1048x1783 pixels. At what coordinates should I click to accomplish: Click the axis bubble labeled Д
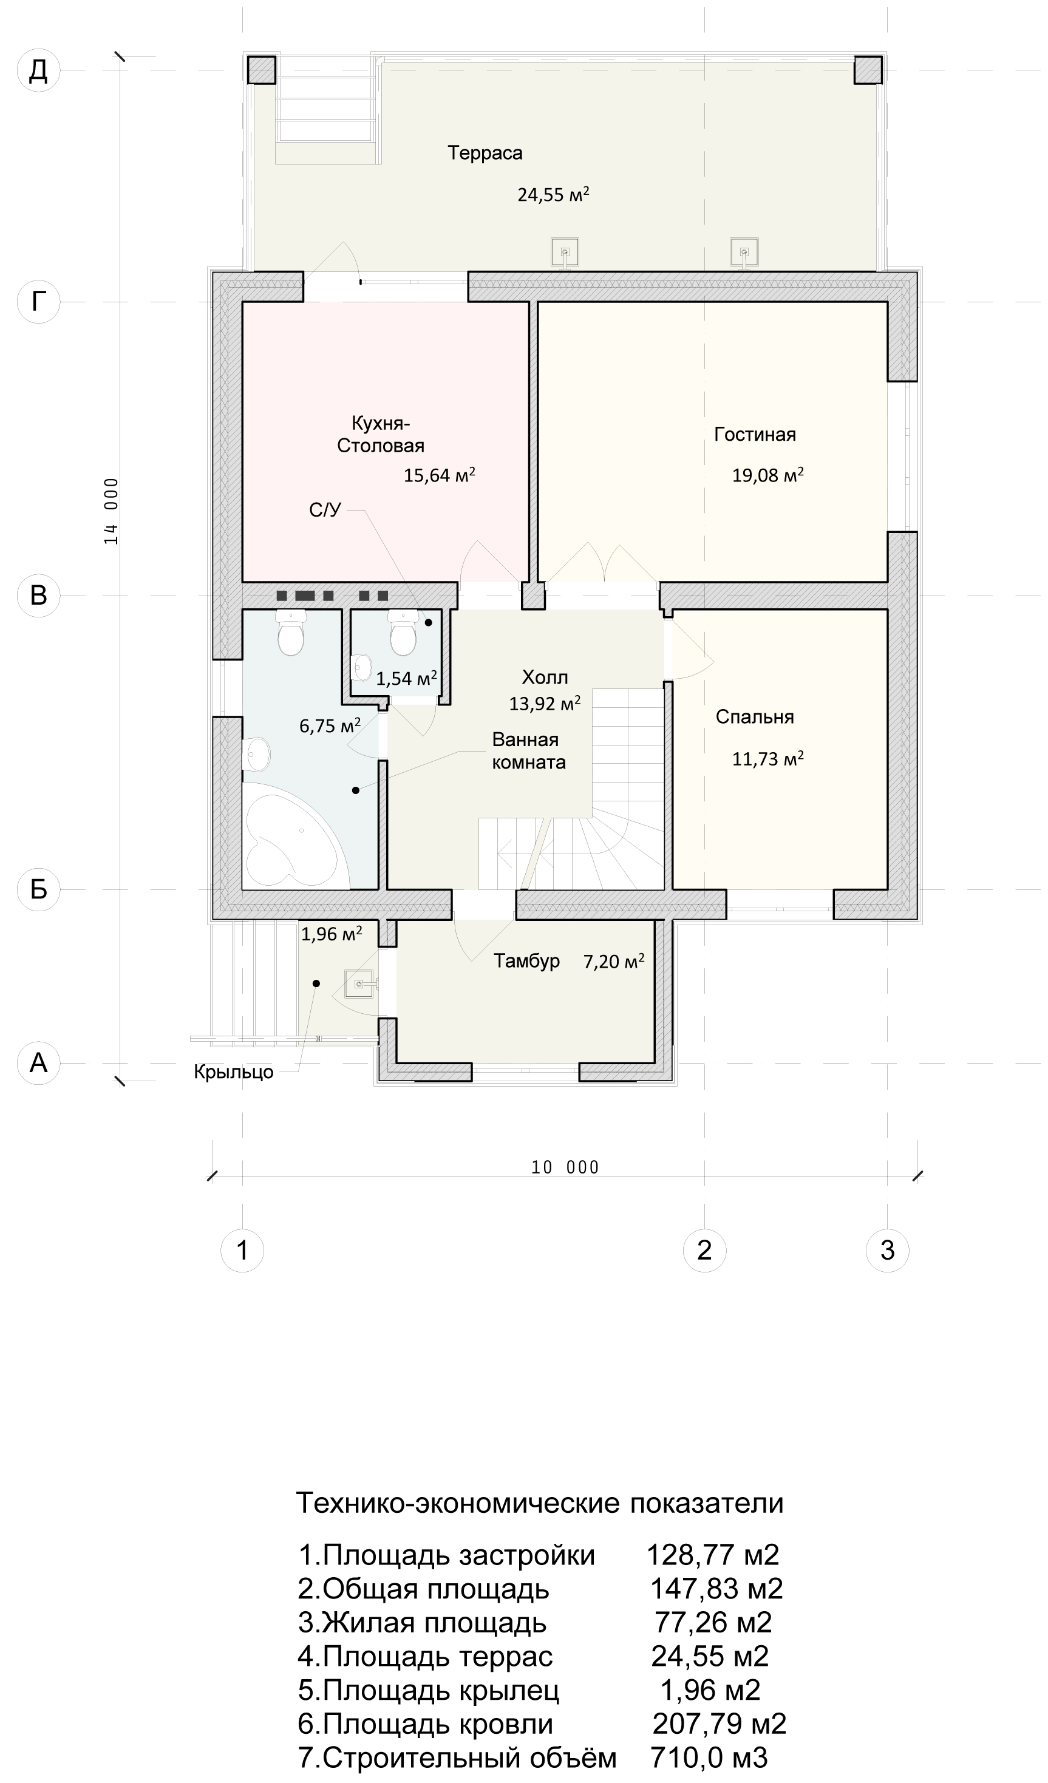(x=38, y=71)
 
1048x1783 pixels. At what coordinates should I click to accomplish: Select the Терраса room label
(x=485, y=153)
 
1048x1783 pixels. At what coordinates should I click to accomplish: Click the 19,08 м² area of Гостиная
(x=767, y=474)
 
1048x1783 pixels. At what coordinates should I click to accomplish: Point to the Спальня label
(x=754, y=717)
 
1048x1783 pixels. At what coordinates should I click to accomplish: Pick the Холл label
(x=545, y=678)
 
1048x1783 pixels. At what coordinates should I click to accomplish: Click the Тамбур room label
(x=526, y=961)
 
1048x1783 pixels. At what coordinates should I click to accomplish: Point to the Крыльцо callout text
(x=234, y=1072)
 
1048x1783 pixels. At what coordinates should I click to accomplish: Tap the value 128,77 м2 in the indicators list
(x=713, y=1555)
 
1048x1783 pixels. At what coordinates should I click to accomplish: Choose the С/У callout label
(x=325, y=509)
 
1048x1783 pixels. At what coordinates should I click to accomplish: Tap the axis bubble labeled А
(x=38, y=1063)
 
